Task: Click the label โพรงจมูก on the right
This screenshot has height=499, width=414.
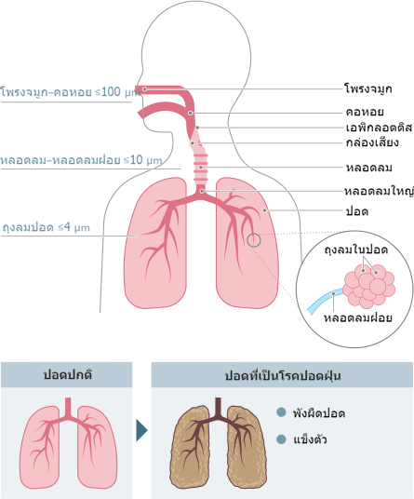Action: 368,88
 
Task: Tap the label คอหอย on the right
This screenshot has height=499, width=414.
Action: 365,112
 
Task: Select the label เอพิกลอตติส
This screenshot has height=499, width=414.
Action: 379,128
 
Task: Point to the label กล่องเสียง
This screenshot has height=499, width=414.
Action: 372,142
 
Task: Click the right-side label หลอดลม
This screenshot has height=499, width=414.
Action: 368,168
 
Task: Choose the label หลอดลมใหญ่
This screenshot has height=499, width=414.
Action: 379,191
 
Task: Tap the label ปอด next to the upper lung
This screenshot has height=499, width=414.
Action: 357,211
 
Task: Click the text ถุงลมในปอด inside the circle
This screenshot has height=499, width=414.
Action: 356,249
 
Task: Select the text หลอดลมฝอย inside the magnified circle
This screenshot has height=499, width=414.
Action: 358,317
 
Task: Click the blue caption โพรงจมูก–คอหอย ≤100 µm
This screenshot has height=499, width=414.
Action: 71,92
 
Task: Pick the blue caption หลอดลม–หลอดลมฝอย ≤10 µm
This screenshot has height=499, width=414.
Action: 81,160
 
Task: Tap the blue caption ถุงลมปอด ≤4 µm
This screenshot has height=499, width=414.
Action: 47,227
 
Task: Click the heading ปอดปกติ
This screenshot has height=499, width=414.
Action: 68,374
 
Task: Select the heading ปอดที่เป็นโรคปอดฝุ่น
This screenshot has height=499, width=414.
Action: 283,375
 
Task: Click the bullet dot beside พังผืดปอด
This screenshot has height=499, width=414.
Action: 281,412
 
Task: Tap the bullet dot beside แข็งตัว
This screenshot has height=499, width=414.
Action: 281,439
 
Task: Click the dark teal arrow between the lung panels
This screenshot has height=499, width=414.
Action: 141,430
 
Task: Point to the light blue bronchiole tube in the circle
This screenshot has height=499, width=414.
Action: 324,301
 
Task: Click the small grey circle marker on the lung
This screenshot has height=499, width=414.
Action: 254,240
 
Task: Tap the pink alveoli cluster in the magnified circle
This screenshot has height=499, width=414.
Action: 369,286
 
